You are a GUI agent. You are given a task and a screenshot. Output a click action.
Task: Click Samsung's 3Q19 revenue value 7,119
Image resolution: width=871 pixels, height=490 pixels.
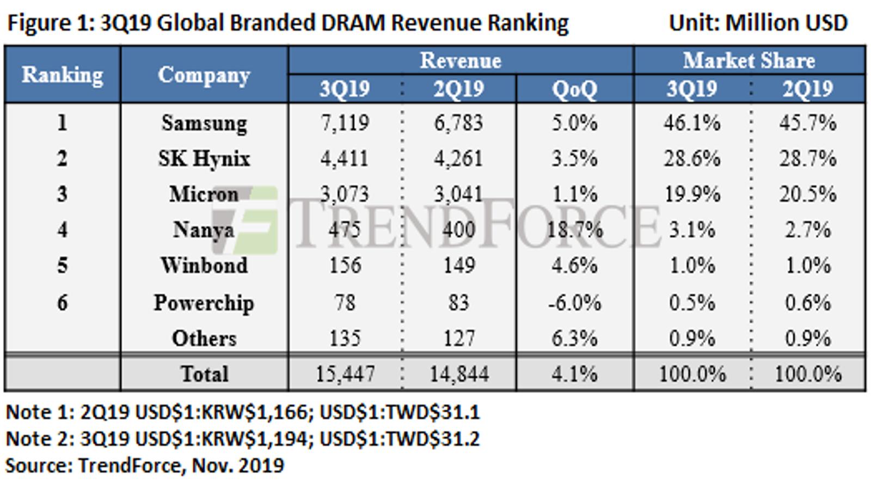click(345, 123)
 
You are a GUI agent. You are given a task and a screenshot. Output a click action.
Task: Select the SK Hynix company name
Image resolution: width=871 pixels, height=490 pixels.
click(204, 158)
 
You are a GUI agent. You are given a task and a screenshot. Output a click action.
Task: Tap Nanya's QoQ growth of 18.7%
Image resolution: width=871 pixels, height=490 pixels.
click(575, 230)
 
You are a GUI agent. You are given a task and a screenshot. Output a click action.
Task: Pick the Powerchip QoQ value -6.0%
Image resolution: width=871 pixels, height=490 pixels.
click(575, 303)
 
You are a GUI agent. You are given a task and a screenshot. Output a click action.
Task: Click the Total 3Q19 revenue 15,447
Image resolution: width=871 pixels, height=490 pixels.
click(345, 373)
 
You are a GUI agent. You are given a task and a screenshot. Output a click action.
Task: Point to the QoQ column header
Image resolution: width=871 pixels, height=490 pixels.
click(575, 89)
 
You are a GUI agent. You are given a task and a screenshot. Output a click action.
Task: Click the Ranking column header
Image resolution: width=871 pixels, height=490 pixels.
click(62, 75)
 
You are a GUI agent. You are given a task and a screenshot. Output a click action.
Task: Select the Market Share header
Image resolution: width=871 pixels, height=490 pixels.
click(749, 60)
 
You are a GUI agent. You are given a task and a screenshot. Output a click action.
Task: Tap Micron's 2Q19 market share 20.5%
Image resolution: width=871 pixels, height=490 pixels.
click(808, 194)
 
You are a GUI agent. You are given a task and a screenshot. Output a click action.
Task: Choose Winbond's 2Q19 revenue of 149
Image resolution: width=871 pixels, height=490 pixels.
click(459, 266)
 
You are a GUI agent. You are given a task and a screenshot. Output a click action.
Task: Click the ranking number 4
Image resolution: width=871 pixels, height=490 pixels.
click(62, 230)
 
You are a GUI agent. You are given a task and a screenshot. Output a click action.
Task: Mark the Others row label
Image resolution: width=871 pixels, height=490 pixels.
click(204, 338)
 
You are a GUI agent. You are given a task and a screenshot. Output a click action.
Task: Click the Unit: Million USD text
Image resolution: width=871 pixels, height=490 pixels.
click(758, 22)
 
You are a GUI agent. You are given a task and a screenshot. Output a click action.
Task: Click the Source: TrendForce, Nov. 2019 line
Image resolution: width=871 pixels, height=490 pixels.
click(145, 465)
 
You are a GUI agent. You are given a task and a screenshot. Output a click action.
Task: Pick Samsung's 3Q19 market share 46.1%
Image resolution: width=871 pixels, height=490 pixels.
click(692, 123)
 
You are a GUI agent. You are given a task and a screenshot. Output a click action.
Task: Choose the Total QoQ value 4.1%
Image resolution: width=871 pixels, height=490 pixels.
click(575, 373)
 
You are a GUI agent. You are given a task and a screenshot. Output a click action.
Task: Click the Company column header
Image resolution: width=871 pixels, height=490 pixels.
click(204, 75)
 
